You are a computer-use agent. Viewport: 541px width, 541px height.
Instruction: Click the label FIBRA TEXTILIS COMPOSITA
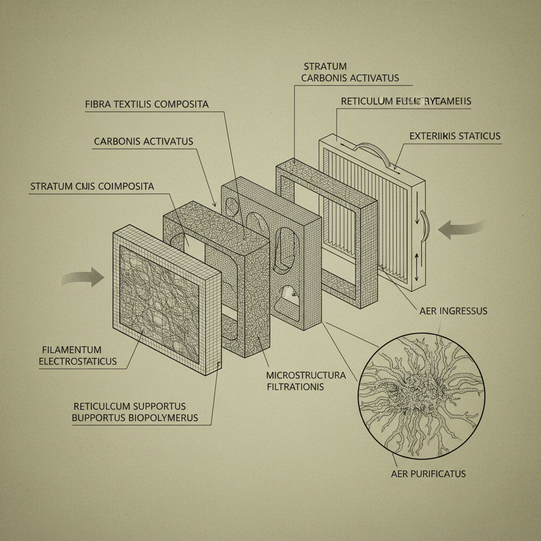click(146, 104)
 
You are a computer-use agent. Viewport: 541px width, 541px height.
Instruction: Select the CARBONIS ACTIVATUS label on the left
click(143, 142)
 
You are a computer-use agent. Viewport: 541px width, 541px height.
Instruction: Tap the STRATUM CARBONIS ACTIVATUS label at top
click(349, 72)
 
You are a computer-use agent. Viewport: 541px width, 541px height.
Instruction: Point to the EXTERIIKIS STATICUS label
click(454, 136)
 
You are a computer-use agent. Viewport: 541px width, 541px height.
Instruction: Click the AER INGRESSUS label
click(453, 311)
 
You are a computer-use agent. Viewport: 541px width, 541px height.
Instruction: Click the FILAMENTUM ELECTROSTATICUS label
click(79, 356)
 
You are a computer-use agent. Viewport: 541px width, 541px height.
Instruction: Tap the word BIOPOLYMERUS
click(158, 418)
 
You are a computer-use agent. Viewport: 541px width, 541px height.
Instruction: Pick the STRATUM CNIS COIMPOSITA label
click(92, 186)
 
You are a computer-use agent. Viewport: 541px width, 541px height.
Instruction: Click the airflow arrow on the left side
click(85, 277)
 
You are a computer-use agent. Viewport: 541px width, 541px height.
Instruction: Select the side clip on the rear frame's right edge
click(425, 225)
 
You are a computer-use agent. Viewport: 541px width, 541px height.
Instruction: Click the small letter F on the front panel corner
click(218, 364)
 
